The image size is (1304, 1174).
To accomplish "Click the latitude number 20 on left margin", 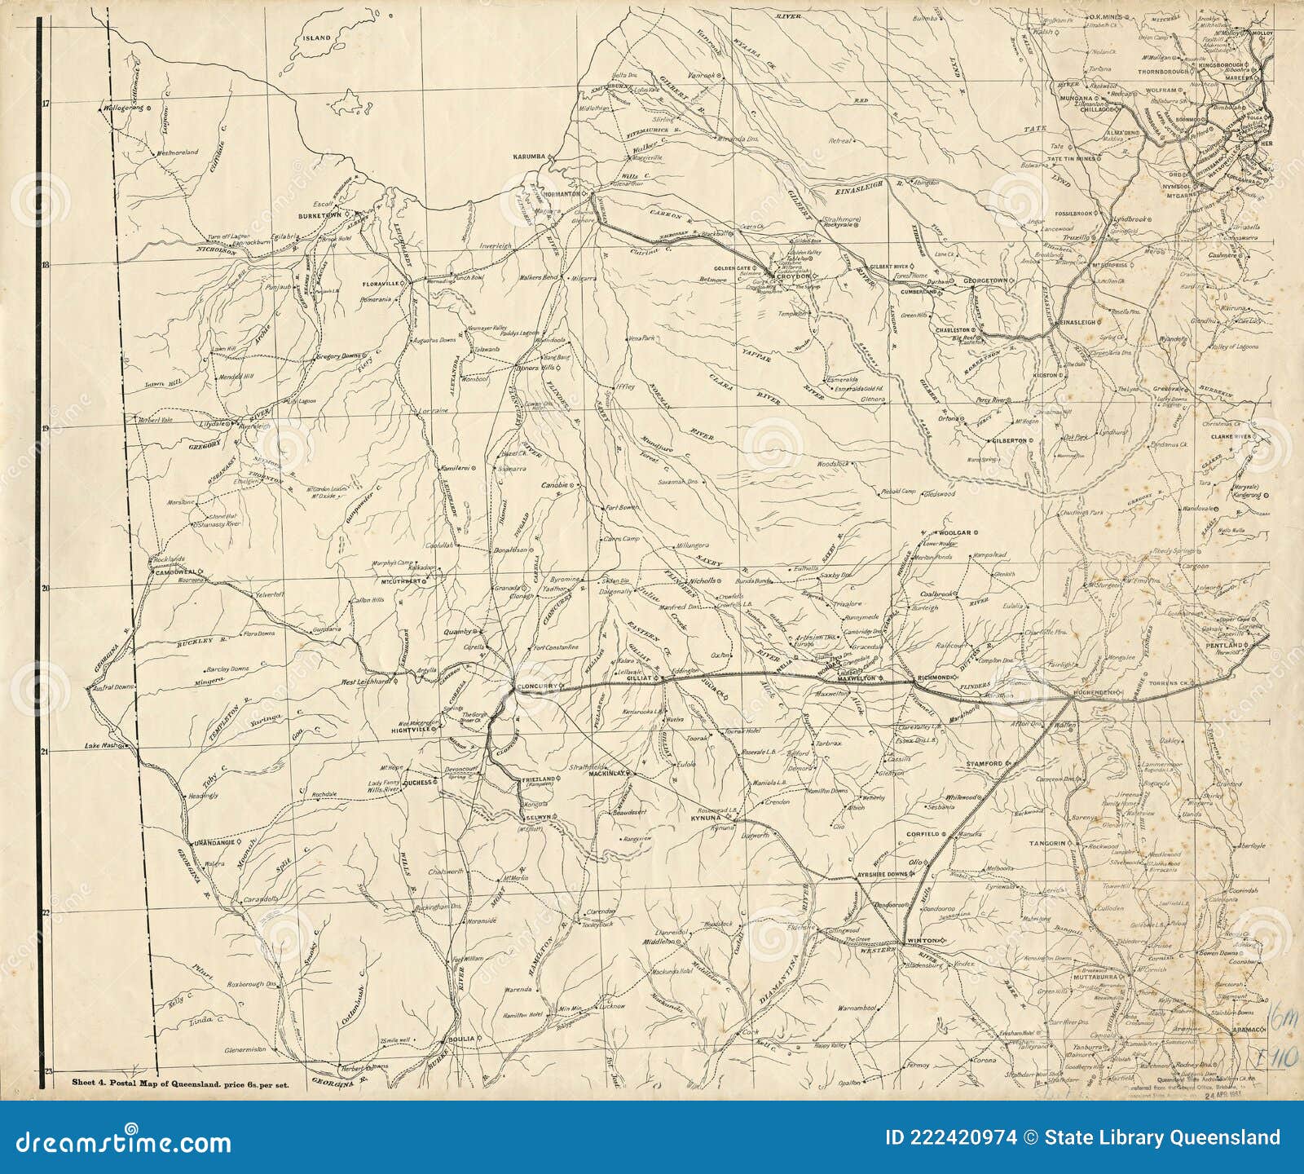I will click(46, 588).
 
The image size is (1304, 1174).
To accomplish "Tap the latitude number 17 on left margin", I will click(46, 104).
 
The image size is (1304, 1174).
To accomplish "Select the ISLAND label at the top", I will click(316, 38).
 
